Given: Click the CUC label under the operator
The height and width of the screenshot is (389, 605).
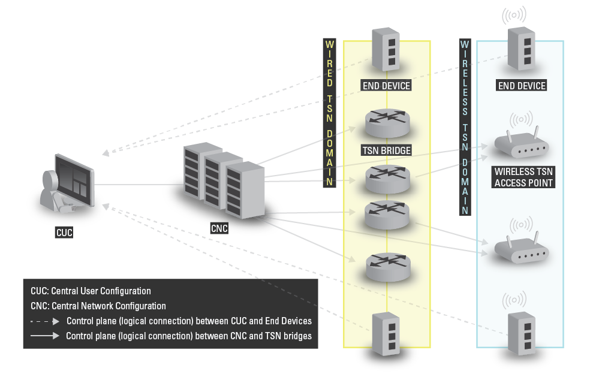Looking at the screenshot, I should (x=64, y=233).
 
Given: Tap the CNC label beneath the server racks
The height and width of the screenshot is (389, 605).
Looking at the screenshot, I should (x=219, y=228).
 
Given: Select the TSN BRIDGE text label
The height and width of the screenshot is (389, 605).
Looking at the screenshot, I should (x=387, y=150).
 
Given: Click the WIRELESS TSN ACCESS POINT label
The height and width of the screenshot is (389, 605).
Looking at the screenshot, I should (x=523, y=177).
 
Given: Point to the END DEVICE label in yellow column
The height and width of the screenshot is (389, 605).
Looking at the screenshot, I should (x=387, y=86).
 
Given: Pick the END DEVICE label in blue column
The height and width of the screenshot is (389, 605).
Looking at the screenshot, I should (x=522, y=86).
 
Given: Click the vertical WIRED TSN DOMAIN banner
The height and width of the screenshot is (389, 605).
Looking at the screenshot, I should (x=329, y=114).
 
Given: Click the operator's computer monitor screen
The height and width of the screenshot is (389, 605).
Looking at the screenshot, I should (x=74, y=178).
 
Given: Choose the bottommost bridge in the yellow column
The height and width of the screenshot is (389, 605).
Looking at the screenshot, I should (x=387, y=267).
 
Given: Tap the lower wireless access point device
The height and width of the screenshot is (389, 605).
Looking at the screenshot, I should (x=520, y=250).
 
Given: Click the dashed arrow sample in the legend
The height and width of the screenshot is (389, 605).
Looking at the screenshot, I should (x=46, y=321).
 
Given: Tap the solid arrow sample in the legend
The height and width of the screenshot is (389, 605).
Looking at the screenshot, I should (x=46, y=336).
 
